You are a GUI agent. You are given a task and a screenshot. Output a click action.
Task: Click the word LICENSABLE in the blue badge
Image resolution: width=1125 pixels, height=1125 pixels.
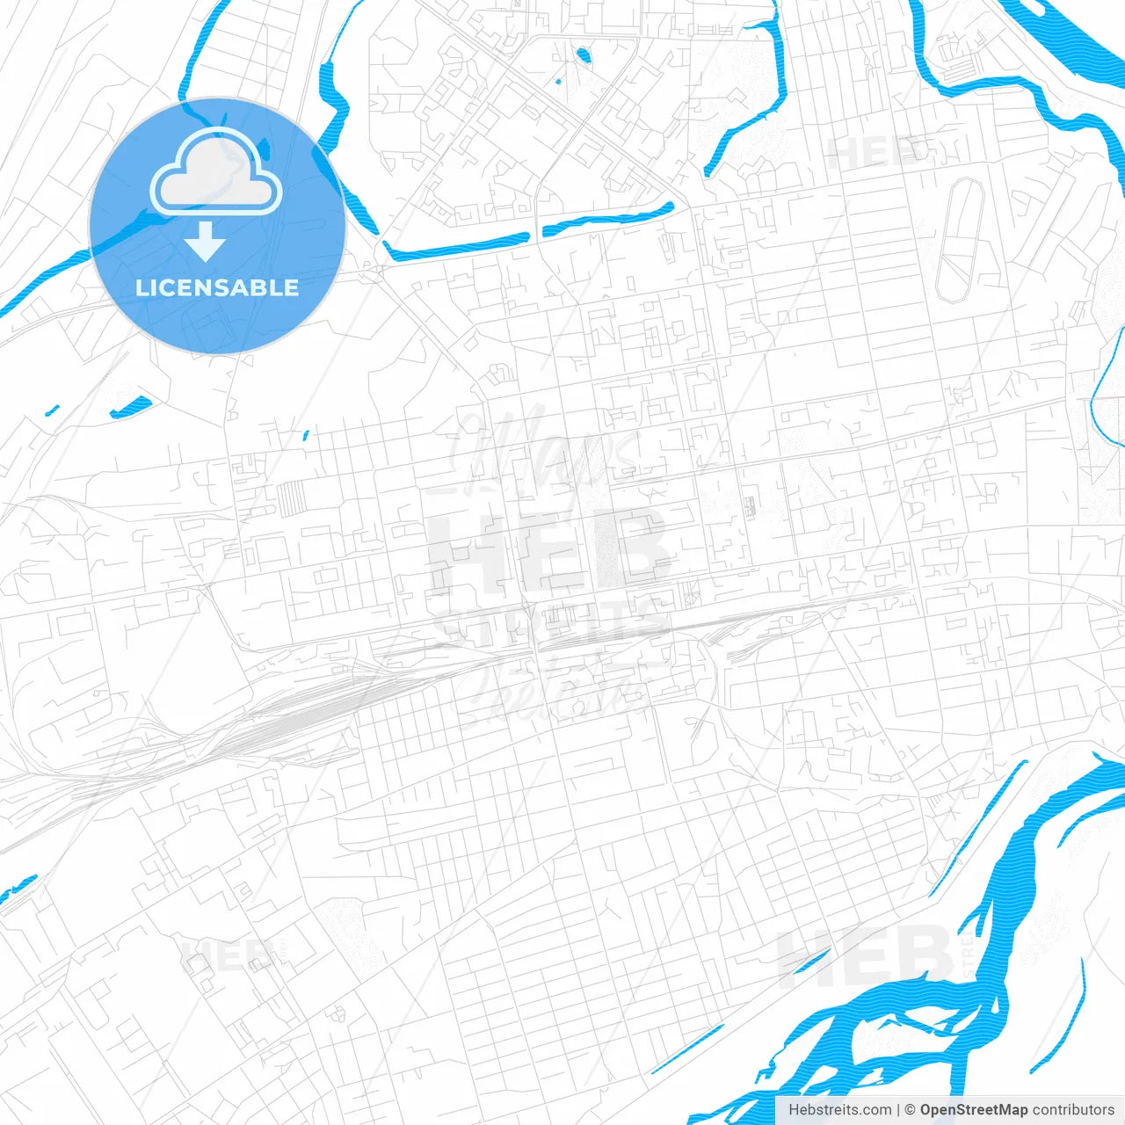[217, 287]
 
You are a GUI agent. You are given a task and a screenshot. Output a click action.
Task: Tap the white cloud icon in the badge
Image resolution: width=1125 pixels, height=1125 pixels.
[216, 172]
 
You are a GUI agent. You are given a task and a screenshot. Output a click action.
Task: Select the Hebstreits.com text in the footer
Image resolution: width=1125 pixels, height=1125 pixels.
[839, 1110]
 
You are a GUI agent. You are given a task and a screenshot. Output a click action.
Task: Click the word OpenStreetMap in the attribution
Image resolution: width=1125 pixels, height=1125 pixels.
[973, 1110]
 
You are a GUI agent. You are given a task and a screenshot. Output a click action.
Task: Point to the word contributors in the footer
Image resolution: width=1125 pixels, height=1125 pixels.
[1073, 1110]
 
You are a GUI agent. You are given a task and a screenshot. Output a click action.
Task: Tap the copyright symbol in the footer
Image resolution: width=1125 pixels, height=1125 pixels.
[910, 1110]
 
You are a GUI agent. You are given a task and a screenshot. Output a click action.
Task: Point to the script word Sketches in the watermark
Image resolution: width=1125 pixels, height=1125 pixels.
[549, 690]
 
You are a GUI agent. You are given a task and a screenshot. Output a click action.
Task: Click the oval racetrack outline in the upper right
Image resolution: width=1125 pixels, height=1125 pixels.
[959, 240]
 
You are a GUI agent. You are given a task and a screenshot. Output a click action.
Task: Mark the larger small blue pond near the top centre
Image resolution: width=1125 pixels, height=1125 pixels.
[583, 57]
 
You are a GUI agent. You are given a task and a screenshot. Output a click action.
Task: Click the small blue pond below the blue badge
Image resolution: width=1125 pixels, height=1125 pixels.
[129, 407]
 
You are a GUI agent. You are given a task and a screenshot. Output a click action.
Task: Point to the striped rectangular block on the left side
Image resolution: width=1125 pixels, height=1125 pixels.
[291, 499]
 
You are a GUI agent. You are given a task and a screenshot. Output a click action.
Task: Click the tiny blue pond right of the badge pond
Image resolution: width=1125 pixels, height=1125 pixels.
[306, 433]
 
